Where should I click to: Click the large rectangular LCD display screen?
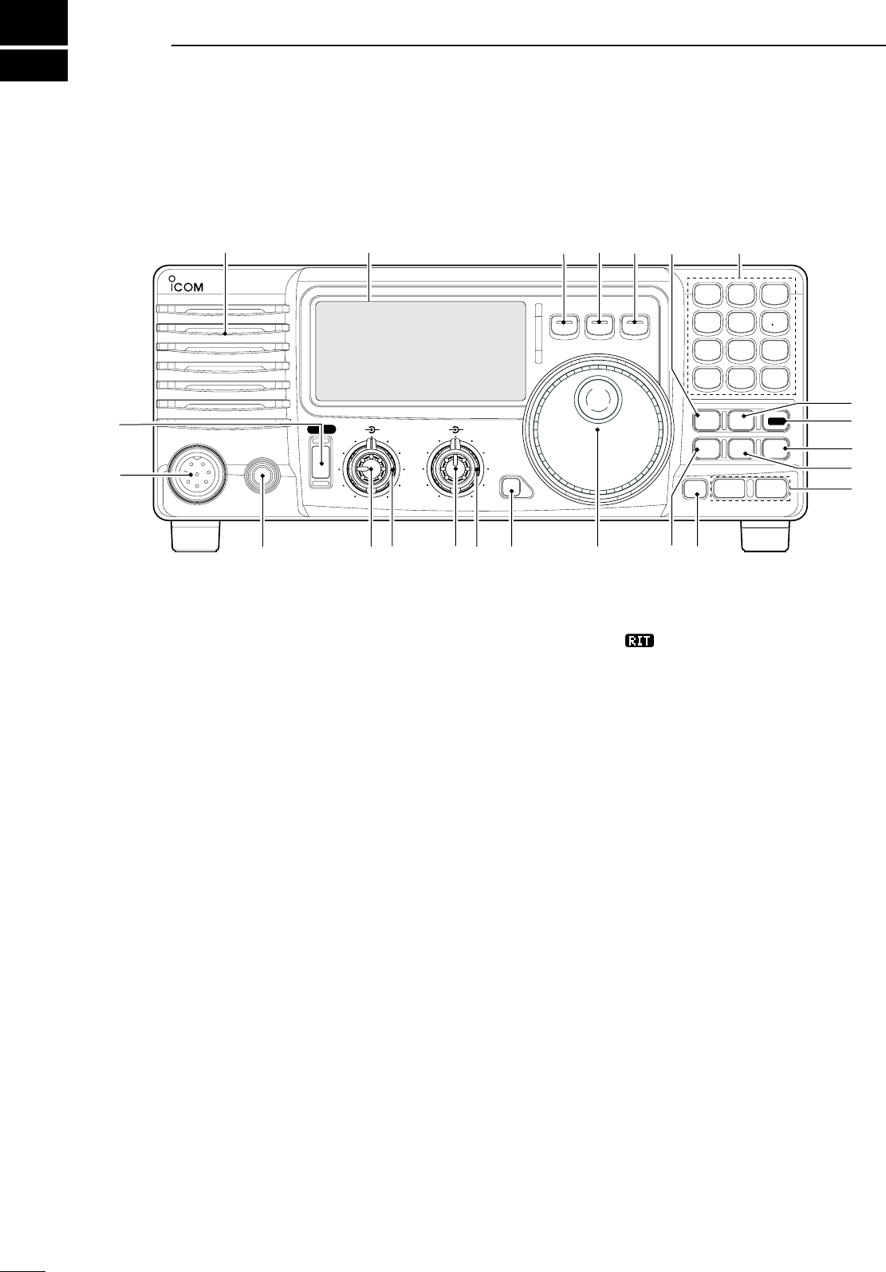[x=420, y=351]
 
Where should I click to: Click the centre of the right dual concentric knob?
[x=455, y=472]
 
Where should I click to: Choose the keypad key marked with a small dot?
[x=775, y=323]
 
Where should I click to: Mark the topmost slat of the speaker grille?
[x=223, y=309]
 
